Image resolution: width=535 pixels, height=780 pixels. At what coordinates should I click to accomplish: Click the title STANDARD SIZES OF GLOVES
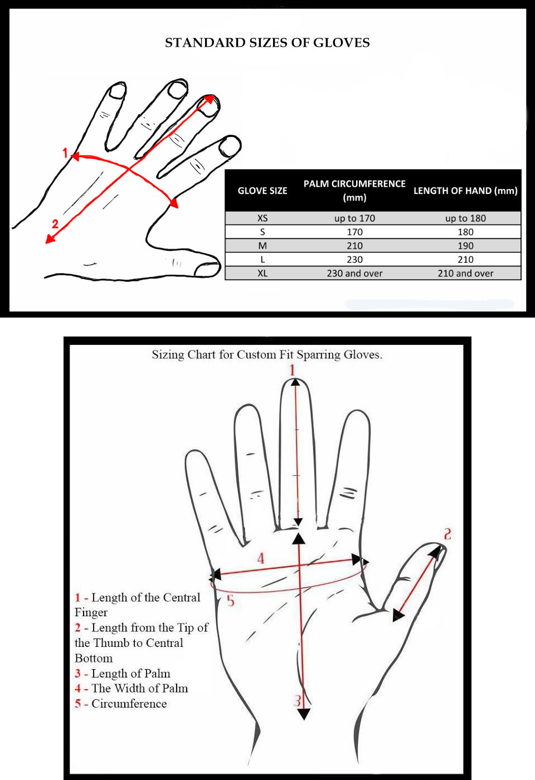[x=267, y=42]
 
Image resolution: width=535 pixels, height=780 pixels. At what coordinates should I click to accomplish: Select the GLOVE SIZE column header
[x=262, y=191]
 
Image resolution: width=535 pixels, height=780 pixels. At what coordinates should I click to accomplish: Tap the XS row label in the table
[x=262, y=218]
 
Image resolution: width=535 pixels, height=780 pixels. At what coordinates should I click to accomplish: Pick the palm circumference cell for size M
[x=354, y=246]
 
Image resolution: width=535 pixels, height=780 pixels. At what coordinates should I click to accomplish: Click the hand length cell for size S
[x=465, y=232]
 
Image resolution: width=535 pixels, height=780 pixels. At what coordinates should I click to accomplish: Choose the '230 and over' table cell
[x=354, y=274]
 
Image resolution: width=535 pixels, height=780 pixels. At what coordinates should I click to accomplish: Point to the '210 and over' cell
[x=465, y=274]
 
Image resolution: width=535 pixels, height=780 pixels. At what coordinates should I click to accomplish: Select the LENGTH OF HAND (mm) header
[x=465, y=191]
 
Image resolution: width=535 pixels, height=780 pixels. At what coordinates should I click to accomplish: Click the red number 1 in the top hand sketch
[x=65, y=152]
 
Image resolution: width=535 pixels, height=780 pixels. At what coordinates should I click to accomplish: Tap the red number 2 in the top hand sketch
[x=55, y=223]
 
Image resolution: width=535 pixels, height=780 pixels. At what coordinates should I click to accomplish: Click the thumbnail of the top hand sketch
[x=207, y=270]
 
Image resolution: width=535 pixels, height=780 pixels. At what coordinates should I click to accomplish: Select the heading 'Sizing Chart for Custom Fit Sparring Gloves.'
[x=267, y=354]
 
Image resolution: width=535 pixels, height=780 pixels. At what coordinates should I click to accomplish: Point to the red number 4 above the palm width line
[x=261, y=559]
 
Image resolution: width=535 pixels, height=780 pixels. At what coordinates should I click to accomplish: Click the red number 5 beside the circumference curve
[x=231, y=601]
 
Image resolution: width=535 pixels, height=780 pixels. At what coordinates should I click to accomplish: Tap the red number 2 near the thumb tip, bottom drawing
[x=448, y=534]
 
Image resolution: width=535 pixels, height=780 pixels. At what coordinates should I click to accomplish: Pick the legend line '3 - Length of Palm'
[x=123, y=674]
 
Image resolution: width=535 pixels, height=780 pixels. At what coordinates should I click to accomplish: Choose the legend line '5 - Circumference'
[x=120, y=704]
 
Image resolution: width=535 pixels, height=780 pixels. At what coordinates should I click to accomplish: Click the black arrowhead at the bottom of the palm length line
[x=304, y=714]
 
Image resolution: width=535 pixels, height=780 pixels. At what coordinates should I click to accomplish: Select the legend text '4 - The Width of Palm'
[x=132, y=689]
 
